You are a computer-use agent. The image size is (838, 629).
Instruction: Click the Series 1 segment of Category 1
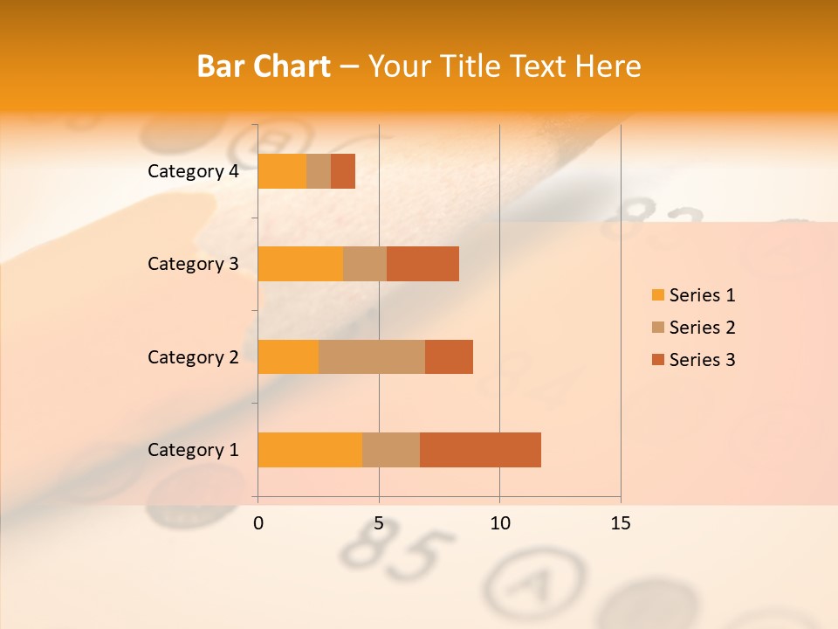tap(310, 449)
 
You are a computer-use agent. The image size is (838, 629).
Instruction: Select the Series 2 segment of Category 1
tap(391, 449)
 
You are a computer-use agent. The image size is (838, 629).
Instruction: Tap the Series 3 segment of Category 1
tap(480, 449)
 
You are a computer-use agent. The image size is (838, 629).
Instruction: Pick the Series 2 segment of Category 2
tap(372, 356)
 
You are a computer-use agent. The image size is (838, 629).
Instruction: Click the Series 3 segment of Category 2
tap(449, 356)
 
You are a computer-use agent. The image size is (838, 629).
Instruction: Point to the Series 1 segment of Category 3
tap(300, 263)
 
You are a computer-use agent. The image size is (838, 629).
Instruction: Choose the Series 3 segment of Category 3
tap(422, 263)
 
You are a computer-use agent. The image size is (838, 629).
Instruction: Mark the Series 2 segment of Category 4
tap(319, 170)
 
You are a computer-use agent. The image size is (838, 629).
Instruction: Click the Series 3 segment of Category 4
tap(343, 170)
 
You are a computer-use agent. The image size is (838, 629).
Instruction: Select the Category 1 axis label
tap(193, 450)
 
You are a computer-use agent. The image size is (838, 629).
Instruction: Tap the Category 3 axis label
tap(193, 264)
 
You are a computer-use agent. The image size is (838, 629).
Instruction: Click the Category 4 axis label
tap(193, 171)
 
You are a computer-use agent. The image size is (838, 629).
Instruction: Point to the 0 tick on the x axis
tap(258, 523)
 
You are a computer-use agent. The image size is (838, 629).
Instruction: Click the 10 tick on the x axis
tap(499, 523)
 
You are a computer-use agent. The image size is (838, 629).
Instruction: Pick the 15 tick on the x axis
tap(621, 523)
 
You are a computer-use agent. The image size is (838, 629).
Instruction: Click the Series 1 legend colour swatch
tap(657, 295)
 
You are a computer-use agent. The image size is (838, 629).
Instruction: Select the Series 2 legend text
tap(702, 328)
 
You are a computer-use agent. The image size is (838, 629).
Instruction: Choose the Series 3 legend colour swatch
tap(657, 360)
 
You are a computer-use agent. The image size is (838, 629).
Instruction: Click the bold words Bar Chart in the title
tap(264, 66)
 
